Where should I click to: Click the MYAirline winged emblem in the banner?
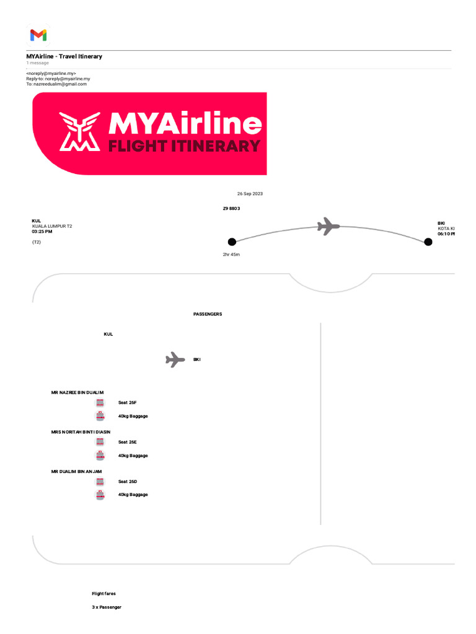coord(79,132)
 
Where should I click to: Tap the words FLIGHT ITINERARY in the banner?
coord(184,146)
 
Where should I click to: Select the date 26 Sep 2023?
coord(250,194)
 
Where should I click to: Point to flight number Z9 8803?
coord(231,209)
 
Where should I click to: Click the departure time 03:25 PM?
coord(42,232)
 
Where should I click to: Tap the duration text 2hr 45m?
coord(232,254)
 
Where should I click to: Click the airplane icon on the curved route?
coord(328,226)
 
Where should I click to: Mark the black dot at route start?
coord(232,241)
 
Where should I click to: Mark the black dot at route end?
coord(428,241)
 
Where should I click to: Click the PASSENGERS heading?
coord(208,315)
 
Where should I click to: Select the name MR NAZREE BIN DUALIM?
coord(77,393)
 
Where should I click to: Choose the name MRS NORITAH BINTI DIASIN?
coord(81,432)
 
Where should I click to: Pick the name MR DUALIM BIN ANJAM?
coord(76,471)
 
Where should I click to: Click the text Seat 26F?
coord(128,403)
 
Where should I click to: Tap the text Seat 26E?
coord(128,442)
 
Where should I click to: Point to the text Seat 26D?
coord(128,481)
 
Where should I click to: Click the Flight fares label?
coord(104,594)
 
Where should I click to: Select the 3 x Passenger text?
coord(107,607)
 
